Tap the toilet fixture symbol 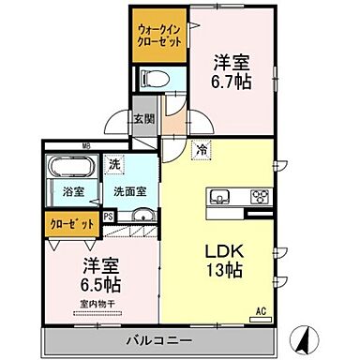pyautogui.click(x=153, y=78)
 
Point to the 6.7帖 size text pyautogui.click(x=232, y=82)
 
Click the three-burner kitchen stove pyautogui.click(x=257, y=198)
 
